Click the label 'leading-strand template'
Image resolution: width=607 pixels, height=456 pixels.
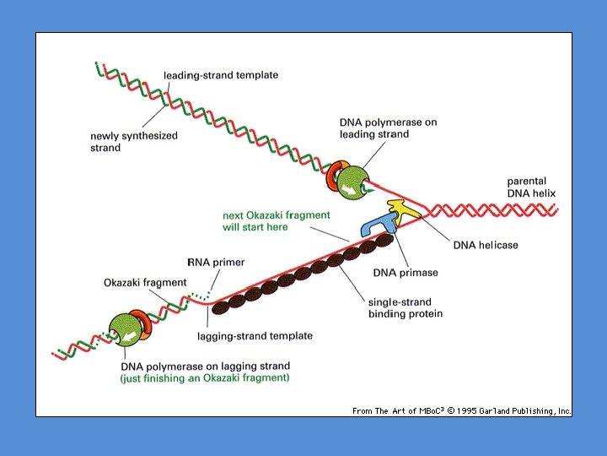click(x=221, y=75)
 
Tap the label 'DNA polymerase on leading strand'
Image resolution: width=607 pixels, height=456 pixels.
click(x=388, y=128)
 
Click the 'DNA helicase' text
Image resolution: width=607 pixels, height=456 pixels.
click(x=486, y=245)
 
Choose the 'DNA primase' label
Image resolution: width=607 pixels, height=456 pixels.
click(x=406, y=273)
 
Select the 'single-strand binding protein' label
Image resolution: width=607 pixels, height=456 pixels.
click(x=405, y=308)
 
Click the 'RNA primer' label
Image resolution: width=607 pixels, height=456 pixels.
click(x=215, y=263)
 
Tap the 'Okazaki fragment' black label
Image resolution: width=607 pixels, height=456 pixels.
click(x=145, y=282)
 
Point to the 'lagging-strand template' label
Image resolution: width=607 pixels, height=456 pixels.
click(x=255, y=336)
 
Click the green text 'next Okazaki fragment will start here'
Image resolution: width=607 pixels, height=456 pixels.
click(x=277, y=221)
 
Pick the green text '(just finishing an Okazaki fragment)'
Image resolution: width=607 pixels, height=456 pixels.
click(x=205, y=377)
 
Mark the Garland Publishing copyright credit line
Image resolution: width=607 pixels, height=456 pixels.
click(x=461, y=410)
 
